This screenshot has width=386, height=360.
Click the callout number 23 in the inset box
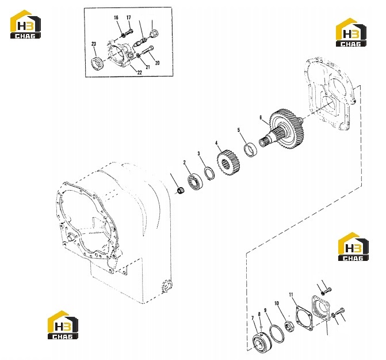coord(94,44)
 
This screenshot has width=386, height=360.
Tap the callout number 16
coord(116,17)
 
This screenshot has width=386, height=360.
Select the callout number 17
coord(128,17)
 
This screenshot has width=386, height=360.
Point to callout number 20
coord(157,63)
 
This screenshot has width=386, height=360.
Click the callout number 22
coord(140,73)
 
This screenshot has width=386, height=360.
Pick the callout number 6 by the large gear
coord(261,118)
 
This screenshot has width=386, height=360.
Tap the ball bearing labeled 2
coord(196,181)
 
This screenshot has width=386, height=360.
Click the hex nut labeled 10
coord(288,327)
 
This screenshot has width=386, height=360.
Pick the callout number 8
coord(259,314)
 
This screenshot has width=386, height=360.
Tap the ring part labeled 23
coord(97,63)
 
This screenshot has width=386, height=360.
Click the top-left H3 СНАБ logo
coord(25,24)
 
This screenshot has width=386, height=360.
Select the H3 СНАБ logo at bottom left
coord(63,325)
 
